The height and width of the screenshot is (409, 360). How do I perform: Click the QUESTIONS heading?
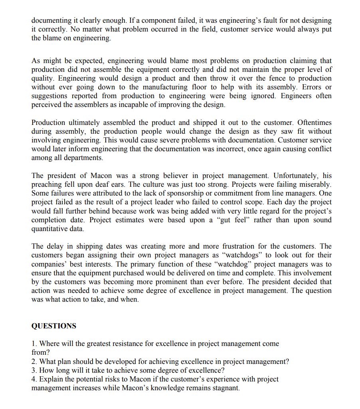[x=53, y=326]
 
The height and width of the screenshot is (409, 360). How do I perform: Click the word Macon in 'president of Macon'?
[x=101, y=176]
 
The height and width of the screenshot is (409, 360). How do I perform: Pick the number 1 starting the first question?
[x=33, y=344]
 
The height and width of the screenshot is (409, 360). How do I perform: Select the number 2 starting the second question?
[x=33, y=362]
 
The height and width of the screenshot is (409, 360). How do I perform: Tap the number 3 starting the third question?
[x=33, y=371]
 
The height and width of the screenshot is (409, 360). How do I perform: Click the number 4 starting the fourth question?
[x=33, y=379]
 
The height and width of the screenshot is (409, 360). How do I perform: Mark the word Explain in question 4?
[x=51, y=379]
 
